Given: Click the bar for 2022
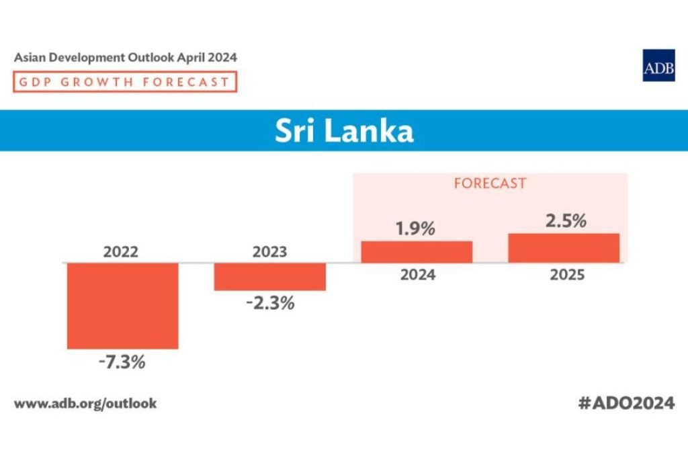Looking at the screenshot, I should click(122, 305).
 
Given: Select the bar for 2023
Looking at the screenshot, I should click(269, 276).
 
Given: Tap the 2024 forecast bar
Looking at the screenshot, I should click(417, 251).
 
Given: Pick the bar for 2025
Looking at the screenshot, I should click(563, 247).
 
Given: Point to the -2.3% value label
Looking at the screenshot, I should click(270, 303).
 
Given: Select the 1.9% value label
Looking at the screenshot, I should click(415, 228).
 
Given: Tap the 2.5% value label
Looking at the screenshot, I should click(565, 220).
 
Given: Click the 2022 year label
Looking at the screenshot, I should click(121, 253).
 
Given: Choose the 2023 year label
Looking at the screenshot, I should click(269, 253).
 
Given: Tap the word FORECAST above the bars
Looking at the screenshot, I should click(490, 183).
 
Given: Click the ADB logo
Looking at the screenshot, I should click(658, 66).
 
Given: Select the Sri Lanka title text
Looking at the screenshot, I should click(344, 131).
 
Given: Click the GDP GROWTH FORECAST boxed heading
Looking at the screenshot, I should click(125, 82).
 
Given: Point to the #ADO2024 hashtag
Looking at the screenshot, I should click(626, 403).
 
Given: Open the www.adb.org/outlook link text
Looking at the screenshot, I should click(85, 404).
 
